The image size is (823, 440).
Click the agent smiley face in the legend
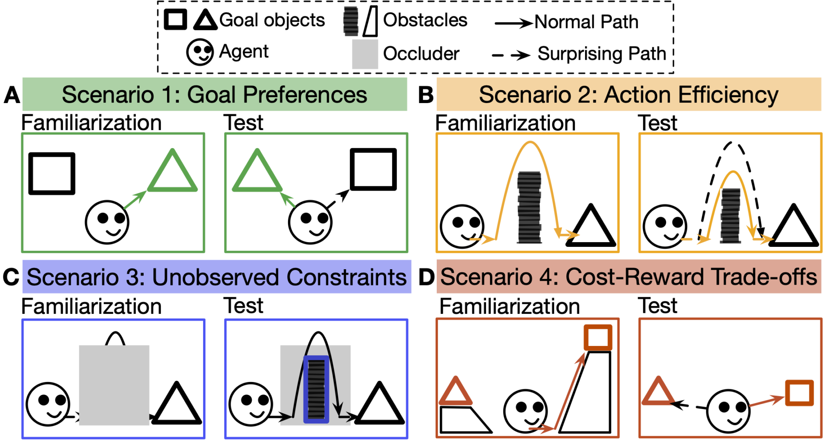point(200,52)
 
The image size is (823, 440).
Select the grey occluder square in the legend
point(365,54)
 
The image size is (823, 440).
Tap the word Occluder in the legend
point(421,54)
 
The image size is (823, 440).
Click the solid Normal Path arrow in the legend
point(514,23)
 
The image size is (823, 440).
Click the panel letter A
point(12,95)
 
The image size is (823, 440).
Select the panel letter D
point(426,277)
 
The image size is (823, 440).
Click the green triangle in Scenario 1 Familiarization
point(172,173)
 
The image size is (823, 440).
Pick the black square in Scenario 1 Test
point(373,169)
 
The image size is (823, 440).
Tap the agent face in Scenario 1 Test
point(310,222)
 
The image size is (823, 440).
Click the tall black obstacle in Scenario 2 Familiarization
point(529,207)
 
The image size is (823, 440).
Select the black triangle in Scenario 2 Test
point(793,228)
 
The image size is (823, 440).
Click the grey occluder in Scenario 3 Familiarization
point(114,385)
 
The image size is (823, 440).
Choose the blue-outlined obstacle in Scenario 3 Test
point(316,389)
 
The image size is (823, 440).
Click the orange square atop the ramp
point(598,337)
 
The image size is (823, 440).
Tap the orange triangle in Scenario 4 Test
point(657,393)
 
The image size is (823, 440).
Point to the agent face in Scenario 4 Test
point(728,411)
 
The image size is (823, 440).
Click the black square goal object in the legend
point(175,20)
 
